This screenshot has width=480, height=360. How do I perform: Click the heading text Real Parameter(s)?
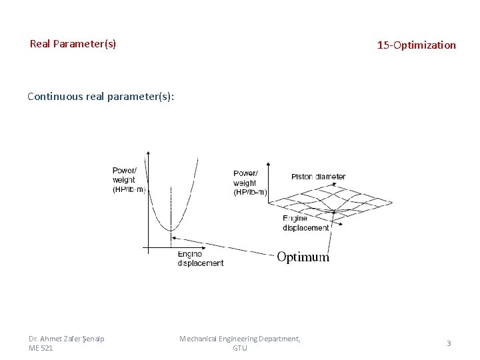[73, 44]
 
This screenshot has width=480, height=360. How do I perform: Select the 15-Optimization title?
[416, 45]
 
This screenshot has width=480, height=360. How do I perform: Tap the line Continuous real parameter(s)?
[101, 96]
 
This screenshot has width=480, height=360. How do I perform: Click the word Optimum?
[303, 257]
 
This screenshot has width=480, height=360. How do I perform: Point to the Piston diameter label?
[318, 177]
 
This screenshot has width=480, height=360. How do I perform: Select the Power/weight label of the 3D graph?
[249, 183]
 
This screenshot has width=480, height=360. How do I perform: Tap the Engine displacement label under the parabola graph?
[200, 259]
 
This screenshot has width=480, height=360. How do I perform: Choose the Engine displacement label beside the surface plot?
[305, 223]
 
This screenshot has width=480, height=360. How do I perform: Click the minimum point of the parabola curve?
[171, 231]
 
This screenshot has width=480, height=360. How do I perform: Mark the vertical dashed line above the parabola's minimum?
[171, 207]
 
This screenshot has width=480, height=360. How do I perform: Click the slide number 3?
[449, 343]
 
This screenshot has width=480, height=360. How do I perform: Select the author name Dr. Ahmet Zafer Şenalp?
[66, 339]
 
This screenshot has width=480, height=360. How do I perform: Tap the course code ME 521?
[41, 348]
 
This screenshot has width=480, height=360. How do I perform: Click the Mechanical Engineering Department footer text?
[239, 339]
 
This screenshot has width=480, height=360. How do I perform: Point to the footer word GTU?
[239, 348]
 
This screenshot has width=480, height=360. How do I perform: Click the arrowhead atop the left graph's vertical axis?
[147, 153]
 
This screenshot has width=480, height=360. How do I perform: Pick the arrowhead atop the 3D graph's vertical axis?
[268, 163]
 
